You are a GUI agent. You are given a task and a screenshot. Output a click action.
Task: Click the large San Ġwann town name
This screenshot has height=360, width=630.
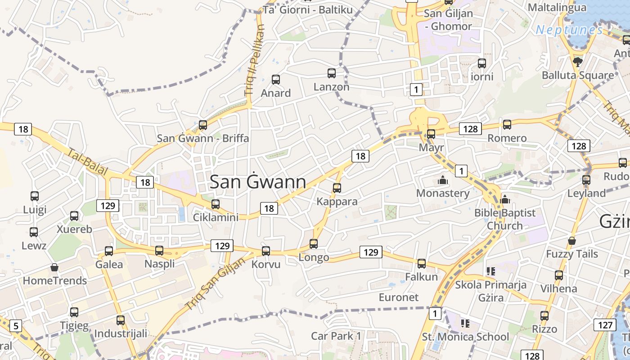[x=258, y=182]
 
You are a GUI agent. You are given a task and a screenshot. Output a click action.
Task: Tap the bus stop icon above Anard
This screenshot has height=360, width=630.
[x=276, y=80]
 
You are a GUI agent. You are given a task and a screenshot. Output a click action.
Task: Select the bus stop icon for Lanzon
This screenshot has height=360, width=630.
[x=332, y=73]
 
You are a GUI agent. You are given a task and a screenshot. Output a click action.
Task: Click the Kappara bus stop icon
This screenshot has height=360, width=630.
[x=337, y=188]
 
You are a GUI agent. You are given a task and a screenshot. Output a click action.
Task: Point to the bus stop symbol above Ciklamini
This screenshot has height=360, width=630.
[x=216, y=204]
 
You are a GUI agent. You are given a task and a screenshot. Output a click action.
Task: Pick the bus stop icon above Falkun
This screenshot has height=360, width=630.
[x=422, y=263]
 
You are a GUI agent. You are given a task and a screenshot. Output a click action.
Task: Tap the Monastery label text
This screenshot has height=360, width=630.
[x=443, y=193]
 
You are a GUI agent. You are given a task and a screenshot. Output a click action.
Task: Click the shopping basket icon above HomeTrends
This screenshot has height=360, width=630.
[x=54, y=267]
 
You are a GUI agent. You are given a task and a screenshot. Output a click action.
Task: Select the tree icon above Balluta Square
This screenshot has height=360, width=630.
[x=578, y=62]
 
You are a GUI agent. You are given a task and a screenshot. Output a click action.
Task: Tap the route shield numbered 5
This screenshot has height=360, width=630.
[x=16, y=325]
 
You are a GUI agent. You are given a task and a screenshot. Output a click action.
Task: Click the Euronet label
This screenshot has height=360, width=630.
[x=399, y=297]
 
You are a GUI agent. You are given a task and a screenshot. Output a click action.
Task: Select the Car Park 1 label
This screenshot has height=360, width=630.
[x=336, y=336]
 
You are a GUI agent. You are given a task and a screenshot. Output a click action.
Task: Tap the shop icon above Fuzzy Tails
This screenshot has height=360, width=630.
[x=571, y=241]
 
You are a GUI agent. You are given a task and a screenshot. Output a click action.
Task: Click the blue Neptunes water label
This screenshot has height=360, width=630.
[x=569, y=30]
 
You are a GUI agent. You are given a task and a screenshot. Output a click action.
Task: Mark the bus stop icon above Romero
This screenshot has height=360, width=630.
[x=507, y=124]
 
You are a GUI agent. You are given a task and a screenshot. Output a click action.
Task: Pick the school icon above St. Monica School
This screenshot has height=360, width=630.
[x=465, y=323]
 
